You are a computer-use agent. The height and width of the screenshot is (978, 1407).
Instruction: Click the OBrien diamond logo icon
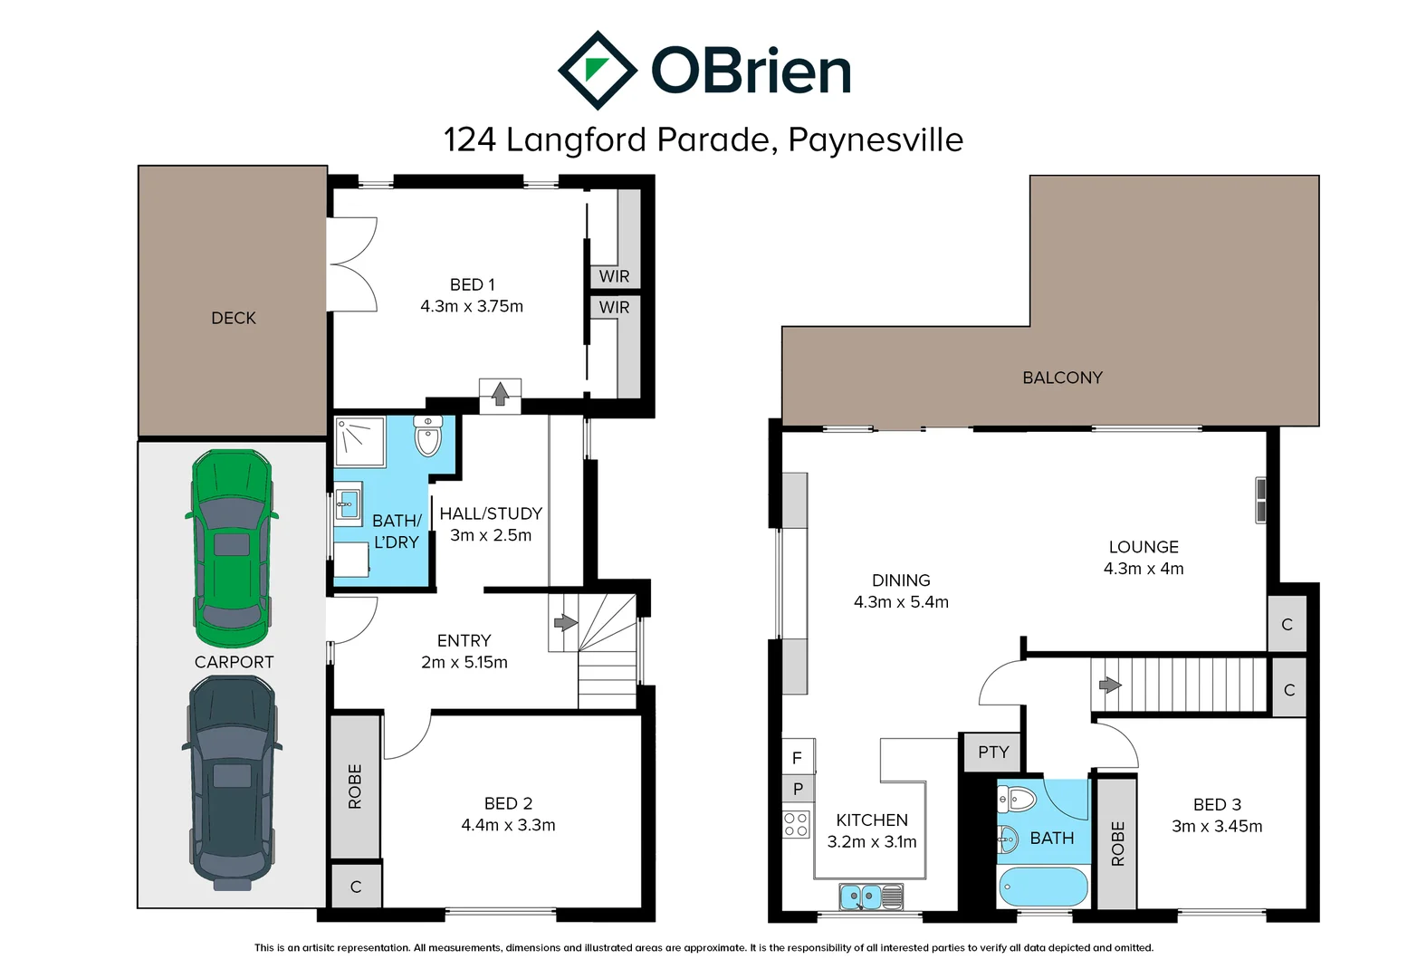point(597,71)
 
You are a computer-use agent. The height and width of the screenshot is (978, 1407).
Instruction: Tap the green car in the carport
point(232,548)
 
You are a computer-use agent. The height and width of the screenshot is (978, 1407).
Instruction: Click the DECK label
point(234,318)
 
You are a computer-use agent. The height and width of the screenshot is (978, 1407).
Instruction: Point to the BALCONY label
point(1062,378)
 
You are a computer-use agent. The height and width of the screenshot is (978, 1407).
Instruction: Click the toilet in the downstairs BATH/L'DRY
point(427,436)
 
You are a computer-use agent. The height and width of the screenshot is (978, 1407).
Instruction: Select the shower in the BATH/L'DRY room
point(360,441)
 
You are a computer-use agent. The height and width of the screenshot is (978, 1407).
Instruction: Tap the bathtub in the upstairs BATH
point(1042,887)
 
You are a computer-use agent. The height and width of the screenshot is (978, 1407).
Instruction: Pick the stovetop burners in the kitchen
point(796,824)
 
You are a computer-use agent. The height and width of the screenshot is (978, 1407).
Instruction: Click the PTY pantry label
point(992,753)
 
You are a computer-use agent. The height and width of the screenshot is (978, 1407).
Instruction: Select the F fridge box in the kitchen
point(797,758)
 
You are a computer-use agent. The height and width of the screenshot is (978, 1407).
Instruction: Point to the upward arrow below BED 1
point(500,394)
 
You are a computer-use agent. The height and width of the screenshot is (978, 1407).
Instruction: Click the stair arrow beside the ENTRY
point(565,622)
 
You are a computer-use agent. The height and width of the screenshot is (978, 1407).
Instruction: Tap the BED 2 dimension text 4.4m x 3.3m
point(508,825)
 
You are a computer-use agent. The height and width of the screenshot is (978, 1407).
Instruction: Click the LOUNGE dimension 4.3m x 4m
point(1143,569)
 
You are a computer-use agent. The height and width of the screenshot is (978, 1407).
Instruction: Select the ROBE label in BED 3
point(1117,843)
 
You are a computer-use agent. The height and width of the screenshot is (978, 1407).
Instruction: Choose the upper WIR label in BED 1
point(614,276)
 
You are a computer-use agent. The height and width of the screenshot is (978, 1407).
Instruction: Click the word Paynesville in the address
point(876,139)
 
